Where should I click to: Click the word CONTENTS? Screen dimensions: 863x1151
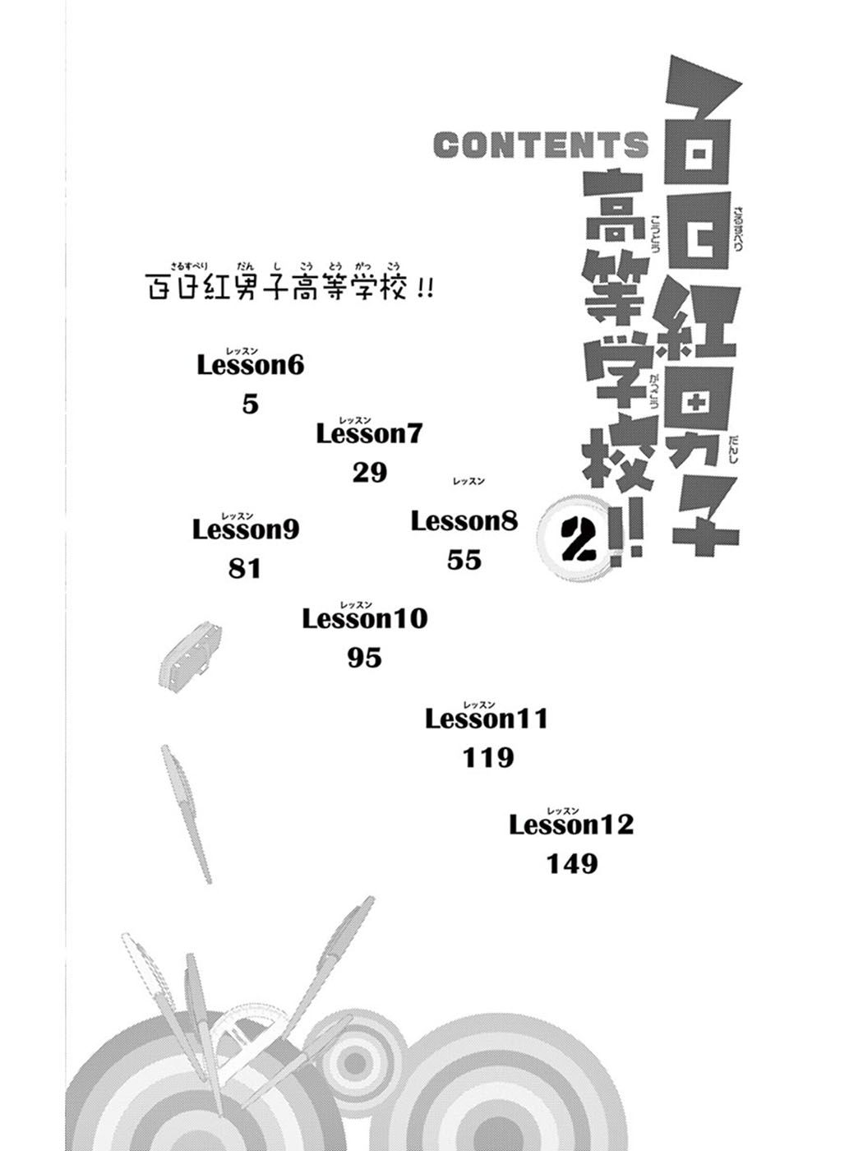click(x=541, y=144)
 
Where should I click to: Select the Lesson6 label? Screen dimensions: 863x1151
click(x=251, y=366)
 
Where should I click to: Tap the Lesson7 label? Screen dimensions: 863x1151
click(x=369, y=434)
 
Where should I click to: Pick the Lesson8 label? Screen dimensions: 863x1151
click(x=464, y=521)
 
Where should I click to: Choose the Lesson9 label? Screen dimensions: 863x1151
click(x=246, y=529)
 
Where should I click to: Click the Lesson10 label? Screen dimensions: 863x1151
click(x=365, y=619)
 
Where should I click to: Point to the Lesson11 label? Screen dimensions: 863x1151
click(x=487, y=719)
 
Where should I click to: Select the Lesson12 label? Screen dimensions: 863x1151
click(x=571, y=825)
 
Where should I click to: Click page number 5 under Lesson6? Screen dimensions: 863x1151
click(x=251, y=404)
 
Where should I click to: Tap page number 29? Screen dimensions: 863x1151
click(x=369, y=473)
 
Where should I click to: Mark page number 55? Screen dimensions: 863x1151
click(x=464, y=560)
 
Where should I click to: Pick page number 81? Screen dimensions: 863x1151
click(x=244, y=569)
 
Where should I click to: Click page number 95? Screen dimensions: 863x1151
click(x=365, y=658)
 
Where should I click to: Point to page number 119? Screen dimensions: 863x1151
click(x=488, y=758)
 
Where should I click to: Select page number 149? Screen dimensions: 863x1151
click(x=572, y=863)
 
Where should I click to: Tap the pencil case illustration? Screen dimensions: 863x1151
click(x=190, y=654)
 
